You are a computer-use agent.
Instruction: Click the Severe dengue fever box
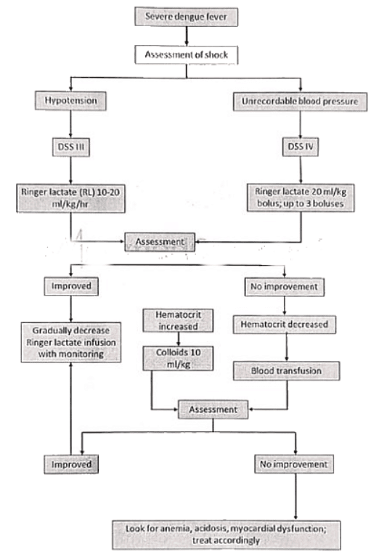click(x=190, y=16)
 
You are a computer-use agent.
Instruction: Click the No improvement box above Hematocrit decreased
click(x=285, y=286)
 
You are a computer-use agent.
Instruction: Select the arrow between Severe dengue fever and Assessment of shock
click(x=190, y=34)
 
